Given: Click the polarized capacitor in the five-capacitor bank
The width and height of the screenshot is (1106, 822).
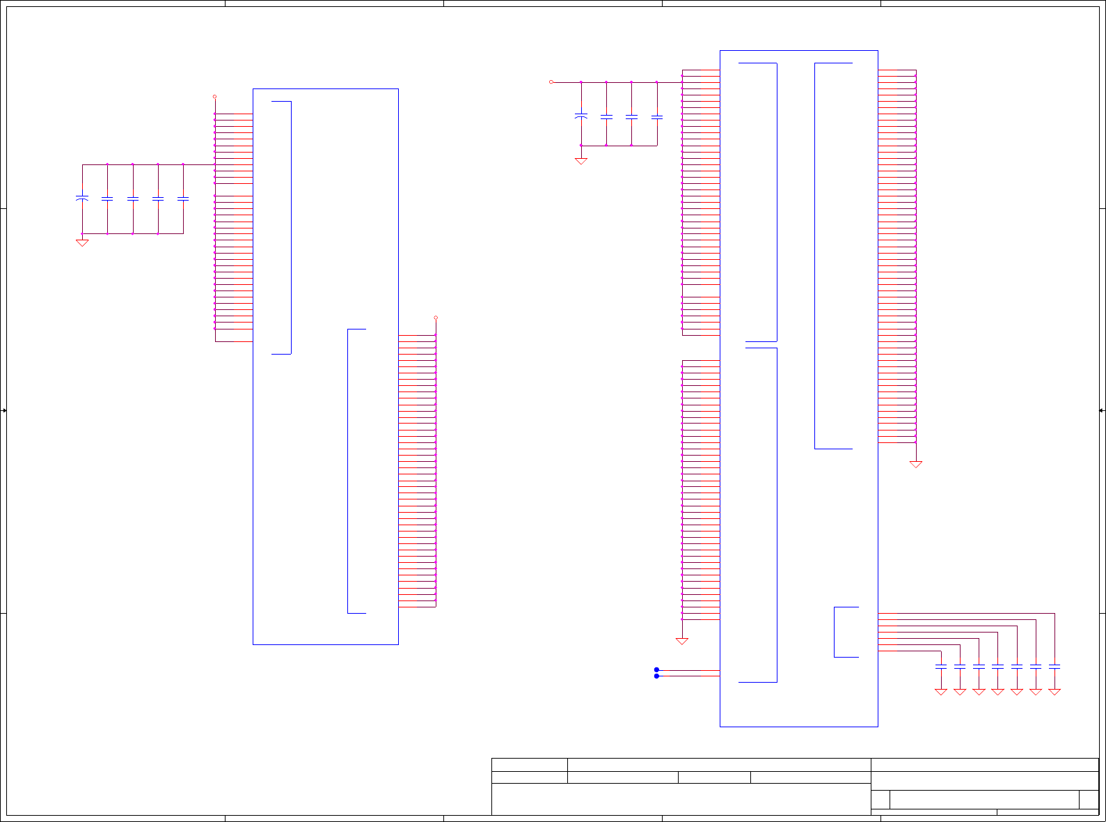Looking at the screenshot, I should (82, 199).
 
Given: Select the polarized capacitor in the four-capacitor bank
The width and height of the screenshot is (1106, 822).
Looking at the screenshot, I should (581, 116).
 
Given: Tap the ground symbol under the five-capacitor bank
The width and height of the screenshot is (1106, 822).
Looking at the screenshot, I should (82, 242).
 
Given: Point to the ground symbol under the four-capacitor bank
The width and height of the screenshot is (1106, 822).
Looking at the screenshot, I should (581, 161).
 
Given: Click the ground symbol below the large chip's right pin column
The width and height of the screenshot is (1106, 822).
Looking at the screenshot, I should (916, 464).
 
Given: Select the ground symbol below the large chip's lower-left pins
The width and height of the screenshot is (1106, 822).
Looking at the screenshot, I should (682, 641).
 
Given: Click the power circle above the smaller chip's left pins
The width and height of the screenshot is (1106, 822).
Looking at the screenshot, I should (214, 96).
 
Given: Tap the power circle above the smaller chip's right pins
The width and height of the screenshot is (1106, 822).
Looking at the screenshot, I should (436, 318).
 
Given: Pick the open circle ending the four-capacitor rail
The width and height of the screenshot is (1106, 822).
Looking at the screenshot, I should (551, 82).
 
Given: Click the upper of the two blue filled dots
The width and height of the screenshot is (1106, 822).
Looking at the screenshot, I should (656, 669).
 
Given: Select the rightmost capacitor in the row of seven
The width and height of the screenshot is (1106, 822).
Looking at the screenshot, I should (1054, 667).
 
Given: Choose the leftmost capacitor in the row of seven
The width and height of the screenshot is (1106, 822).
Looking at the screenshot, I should (941, 667).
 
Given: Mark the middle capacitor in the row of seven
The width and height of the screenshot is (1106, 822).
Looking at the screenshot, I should (997, 667).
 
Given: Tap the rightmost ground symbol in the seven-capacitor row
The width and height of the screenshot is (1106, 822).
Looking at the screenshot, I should (1054, 692).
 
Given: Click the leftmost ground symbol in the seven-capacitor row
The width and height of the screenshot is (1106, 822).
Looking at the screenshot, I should (941, 692).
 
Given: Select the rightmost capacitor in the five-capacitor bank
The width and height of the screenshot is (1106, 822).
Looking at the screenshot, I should (183, 199).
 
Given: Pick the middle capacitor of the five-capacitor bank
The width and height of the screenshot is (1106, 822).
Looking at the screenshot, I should (132, 199).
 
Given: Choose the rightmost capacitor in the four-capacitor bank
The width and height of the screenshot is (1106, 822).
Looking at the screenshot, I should (657, 117).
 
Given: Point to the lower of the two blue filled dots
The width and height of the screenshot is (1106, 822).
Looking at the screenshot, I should (656, 676).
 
